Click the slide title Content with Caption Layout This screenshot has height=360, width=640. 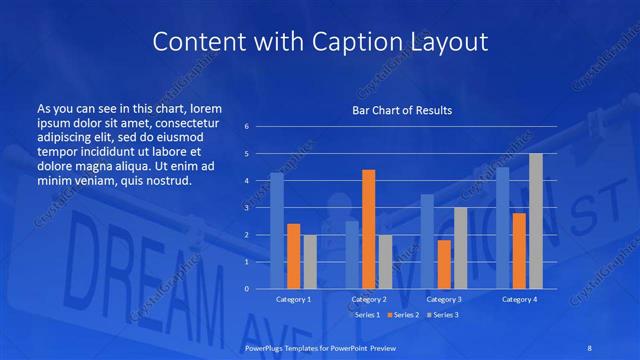point(320,41)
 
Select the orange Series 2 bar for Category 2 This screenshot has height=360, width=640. point(368,229)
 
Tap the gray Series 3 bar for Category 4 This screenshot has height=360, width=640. point(536,221)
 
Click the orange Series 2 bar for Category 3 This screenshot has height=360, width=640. point(444,264)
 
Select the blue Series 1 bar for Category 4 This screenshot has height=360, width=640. point(503,228)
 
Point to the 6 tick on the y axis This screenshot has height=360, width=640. point(247,127)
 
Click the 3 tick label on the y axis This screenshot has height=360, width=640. point(247,208)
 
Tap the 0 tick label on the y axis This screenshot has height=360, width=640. point(247,289)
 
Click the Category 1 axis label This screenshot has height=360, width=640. point(294,299)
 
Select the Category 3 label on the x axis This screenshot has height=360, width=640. point(444,299)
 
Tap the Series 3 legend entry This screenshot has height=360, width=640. point(444,314)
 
